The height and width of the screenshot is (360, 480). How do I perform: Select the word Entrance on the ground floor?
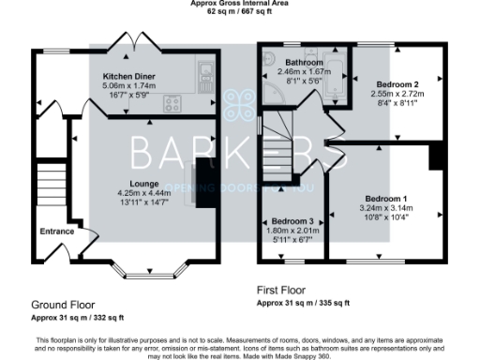[56, 231]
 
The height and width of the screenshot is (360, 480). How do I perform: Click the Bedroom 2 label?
[396, 84]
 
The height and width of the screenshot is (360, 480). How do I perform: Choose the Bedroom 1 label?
[386, 199]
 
